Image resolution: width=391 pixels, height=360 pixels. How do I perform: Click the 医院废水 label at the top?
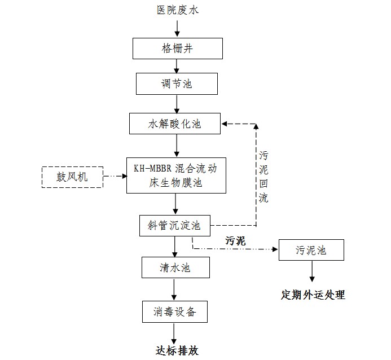(177, 10)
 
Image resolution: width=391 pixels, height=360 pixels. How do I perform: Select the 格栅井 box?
(177, 48)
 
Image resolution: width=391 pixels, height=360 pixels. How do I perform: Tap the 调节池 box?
(177, 84)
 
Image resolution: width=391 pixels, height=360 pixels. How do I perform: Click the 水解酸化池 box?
(177, 123)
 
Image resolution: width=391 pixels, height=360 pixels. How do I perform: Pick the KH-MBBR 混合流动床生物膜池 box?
(176, 175)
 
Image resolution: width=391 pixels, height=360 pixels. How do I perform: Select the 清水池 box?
(174, 266)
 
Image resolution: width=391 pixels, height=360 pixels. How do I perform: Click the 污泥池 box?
(311, 250)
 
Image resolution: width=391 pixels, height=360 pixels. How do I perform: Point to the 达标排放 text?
(177, 350)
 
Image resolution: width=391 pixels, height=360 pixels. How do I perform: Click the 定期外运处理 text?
(313, 295)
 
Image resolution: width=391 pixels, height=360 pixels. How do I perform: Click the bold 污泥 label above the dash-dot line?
(236, 240)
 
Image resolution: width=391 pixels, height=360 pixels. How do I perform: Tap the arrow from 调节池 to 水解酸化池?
(177, 103)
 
